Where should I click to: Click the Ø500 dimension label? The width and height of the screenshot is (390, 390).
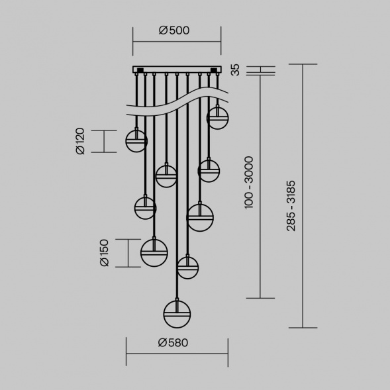coord(174,30)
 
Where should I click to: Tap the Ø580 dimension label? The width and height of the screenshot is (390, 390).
coord(173,343)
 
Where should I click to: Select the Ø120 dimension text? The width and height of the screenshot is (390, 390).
coord(80,141)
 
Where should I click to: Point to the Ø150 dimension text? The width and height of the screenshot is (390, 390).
coord(104,253)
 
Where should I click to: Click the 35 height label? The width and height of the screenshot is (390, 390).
coord(235,70)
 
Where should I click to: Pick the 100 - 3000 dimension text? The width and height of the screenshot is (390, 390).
coord(249,183)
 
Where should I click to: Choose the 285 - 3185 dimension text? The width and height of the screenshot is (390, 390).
coord(291,206)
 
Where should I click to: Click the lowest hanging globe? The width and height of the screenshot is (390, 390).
coord(177,315)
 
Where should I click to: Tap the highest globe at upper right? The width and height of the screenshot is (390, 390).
coord(218,118)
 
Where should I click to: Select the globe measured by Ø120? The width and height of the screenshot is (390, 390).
coord(136,141)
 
